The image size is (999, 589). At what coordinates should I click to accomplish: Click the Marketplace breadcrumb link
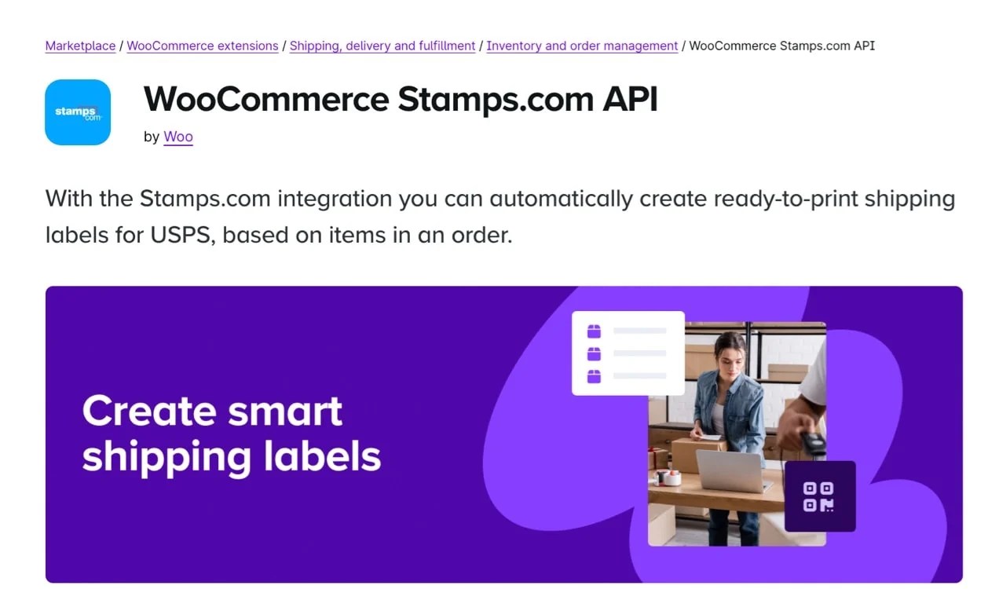[x=80, y=46]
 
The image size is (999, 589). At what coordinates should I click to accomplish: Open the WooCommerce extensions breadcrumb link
[x=202, y=46]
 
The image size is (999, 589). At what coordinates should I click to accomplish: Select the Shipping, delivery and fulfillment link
[x=382, y=46]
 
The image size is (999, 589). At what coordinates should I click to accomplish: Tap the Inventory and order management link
[x=581, y=46]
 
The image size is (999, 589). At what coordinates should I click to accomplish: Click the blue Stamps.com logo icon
[x=78, y=112]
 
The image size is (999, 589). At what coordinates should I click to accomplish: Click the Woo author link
[x=177, y=137]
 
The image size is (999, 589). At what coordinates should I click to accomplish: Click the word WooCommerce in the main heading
[x=265, y=100]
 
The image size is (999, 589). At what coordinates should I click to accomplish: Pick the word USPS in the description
[x=178, y=235]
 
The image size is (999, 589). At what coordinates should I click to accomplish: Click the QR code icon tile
[x=819, y=496]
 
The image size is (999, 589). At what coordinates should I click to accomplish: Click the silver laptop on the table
[x=730, y=470]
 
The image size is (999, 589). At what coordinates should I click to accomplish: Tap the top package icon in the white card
[x=594, y=331]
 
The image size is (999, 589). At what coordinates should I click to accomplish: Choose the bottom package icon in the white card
[x=594, y=376]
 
